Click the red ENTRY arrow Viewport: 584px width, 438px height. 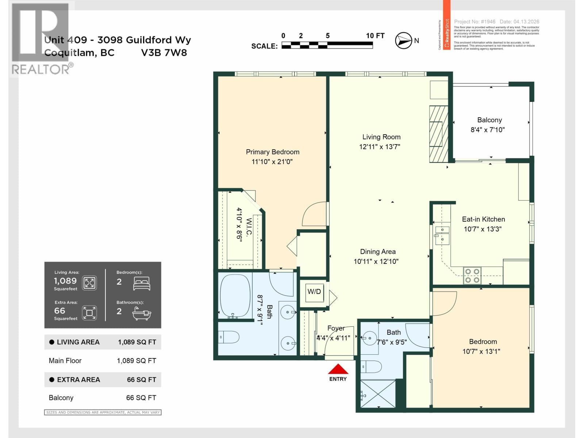(x=338, y=369)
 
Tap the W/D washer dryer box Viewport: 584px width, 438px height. (x=314, y=292)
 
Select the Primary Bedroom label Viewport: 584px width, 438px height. (x=272, y=152)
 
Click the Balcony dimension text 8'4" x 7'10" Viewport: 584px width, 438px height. (x=488, y=130)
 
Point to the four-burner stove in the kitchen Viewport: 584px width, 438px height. (x=472, y=276)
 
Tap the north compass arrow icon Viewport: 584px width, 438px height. (x=403, y=41)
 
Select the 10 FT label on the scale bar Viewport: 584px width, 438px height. (x=375, y=36)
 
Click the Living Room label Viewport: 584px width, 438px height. (x=381, y=137)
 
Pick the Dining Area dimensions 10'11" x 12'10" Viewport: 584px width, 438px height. (x=376, y=261)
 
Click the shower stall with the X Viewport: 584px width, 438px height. (x=378, y=394)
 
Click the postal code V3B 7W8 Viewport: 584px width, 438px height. (x=164, y=53)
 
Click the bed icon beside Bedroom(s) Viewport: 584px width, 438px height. (x=142, y=283)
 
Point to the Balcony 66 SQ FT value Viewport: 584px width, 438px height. (x=141, y=398)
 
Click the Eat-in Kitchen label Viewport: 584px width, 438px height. (x=483, y=219)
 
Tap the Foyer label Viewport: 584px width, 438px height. (x=336, y=328)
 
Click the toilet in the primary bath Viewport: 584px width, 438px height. (x=229, y=337)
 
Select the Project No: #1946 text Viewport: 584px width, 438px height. (x=474, y=22)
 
